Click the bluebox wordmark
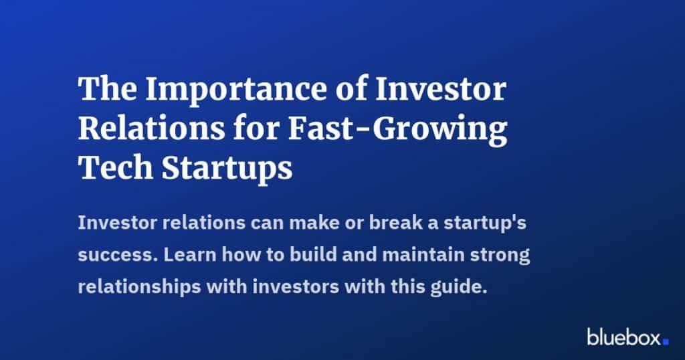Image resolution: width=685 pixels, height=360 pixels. coord(623,337)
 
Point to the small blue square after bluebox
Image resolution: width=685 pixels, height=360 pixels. coord(666,341)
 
